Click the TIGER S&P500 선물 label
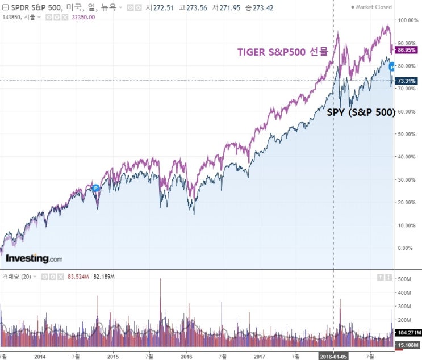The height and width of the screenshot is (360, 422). pyautogui.click(x=282, y=52)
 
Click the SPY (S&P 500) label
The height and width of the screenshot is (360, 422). pyautogui.click(x=361, y=112)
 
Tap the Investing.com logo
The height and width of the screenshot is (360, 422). pyautogui.click(x=34, y=259)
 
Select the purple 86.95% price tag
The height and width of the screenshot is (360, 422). pyautogui.click(x=407, y=50)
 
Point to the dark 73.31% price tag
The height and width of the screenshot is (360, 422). pyautogui.click(x=407, y=81)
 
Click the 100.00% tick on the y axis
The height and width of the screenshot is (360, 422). pyautogui.click(x=408, y=20)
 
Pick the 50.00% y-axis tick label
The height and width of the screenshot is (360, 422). pyautogui.click(x=407, y=134)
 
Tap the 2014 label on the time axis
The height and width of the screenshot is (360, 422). pyautogui.click(x=40, y=356)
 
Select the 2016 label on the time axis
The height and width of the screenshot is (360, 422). pyautogui.click(x=186, y=356)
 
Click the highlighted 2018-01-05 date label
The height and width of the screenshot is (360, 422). pyautogui.click(x=333, y=356)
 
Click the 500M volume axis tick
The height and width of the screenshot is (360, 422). pyautogui.click(x=404, y=279)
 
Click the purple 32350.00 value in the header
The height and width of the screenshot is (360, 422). pyautogui.click(x=82, y=17)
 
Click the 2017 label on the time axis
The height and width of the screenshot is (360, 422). pyautogui.click(x=260, y=356)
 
